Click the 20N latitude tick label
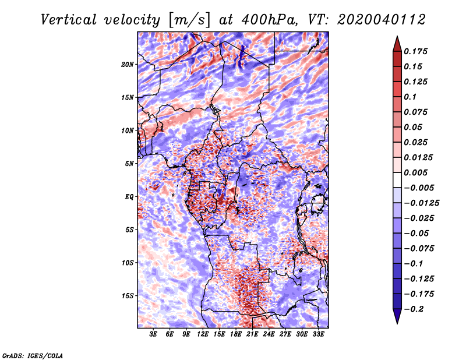click(128, 65)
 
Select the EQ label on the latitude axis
click(129, 197)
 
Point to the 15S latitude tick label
click(128, 296)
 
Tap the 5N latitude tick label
click(129, 164)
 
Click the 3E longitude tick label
click(153, 334)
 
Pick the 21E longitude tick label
click(252, 334)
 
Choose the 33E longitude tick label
click(318, 334)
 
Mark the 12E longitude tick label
click(203, 334)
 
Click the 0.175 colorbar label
click(415, 51)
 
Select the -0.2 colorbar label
click(414, 309)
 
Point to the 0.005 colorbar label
click(415, 172)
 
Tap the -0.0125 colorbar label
click(421, 203)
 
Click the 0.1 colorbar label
click(410, 97)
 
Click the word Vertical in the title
click(69, 20)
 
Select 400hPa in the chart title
click(269, 20)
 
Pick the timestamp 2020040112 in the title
click(382, 20)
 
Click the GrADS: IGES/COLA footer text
click(33, 356)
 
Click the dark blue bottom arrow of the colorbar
click(397, 316)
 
